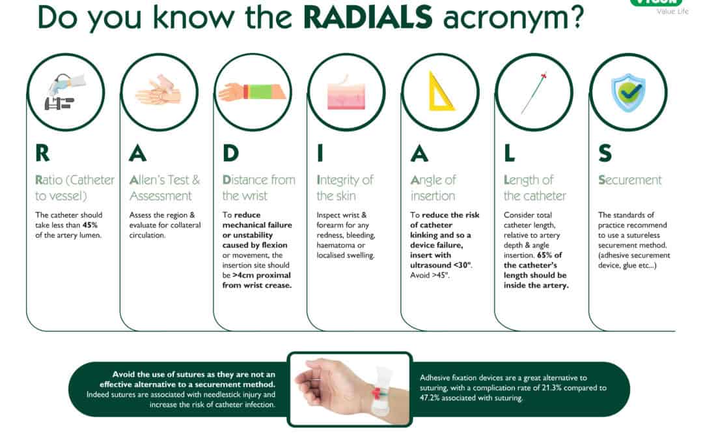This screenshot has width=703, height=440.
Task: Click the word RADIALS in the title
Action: [x=368, y=18]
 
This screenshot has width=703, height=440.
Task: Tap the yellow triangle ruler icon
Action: [x=441, y=91]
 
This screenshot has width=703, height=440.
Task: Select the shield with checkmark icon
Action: [x=628, y=92]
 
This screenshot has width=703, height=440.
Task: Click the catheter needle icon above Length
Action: [x=534, y=93]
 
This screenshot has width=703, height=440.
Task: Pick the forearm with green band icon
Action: [x=253, y=92]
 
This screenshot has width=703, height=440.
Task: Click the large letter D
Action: [x=230, y=153]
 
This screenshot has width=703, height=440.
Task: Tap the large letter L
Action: [x=510, y=153]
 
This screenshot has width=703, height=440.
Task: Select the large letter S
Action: [x=605, y=153]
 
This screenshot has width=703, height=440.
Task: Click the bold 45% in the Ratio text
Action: [x=89, y=226]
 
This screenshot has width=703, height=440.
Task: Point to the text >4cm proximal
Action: [x=253, y=275]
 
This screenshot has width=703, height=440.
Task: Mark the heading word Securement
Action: [x=629, y=180]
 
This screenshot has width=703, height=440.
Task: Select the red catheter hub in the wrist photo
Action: [x=376, y=392]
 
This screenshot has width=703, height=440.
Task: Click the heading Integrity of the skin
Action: [x=345, y=188]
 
